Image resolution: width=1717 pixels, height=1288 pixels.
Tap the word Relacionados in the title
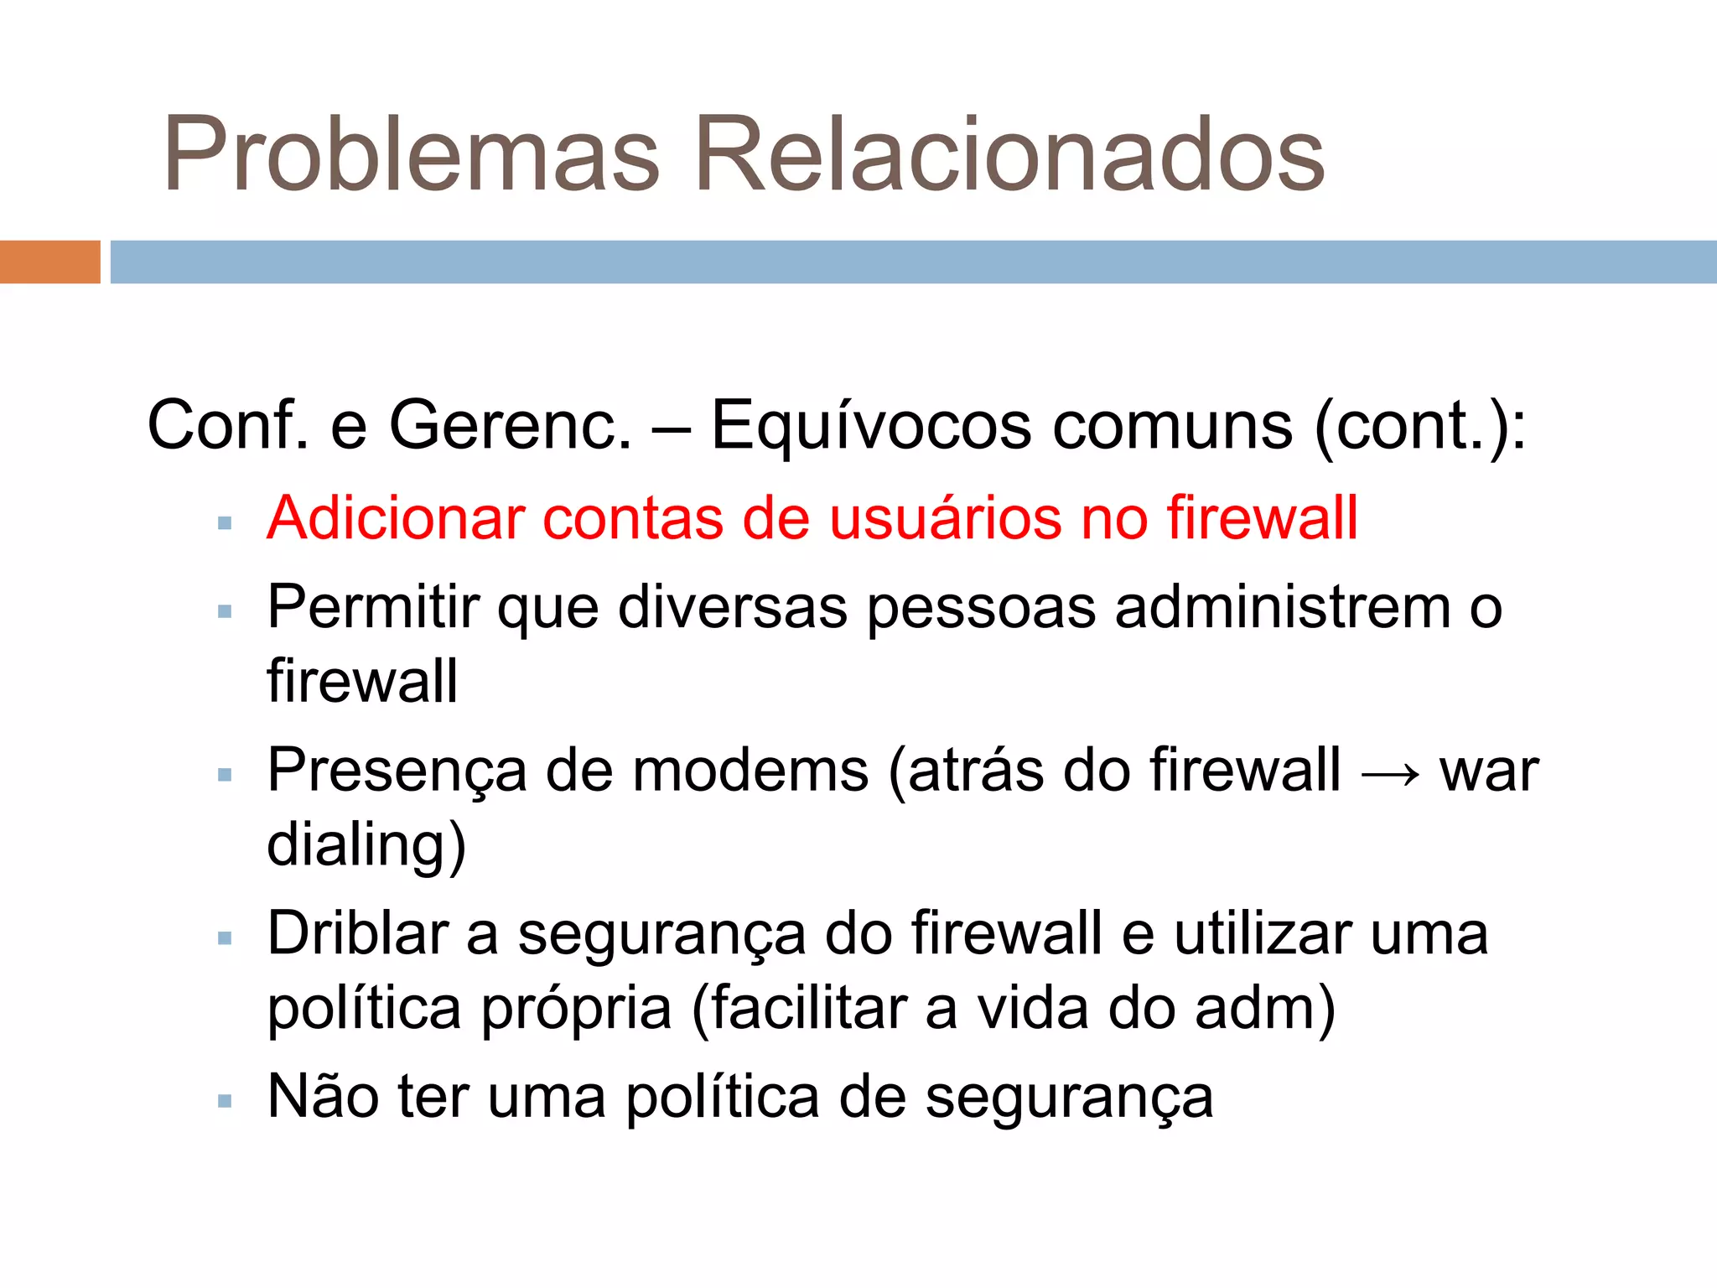(x=1009, y=155)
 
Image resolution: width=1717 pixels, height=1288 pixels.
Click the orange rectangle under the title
(x=49, y=262)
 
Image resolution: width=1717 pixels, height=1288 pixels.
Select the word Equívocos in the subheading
(x=871, y=426)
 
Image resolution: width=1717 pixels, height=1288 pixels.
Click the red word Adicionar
(x=395, y=517)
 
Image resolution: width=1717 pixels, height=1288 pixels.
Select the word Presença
(x=397, y=771)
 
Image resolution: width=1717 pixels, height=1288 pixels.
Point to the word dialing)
(x=366, y=844)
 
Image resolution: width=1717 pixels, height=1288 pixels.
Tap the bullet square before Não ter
(x=224, y=1101)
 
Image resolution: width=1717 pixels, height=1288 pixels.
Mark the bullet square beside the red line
(x=224, y=524)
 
